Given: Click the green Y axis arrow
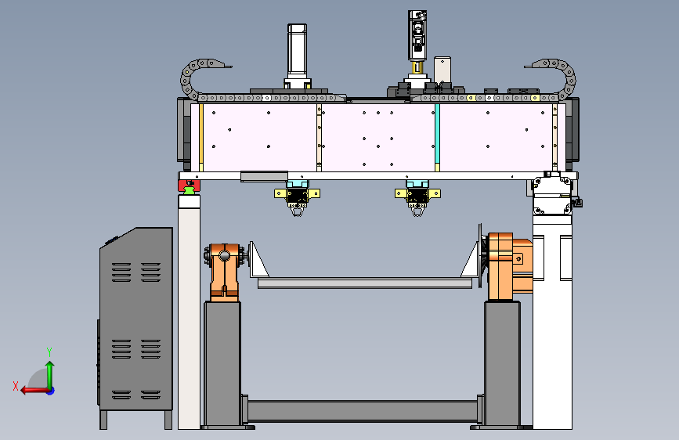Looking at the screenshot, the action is (50, 375).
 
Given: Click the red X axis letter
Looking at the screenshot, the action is (16, 386).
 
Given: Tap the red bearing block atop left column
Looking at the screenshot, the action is (190, 186).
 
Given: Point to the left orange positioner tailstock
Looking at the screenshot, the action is (224, 272).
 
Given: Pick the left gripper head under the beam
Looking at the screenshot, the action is (297, 197).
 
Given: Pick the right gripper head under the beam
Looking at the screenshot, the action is (417, 197).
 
